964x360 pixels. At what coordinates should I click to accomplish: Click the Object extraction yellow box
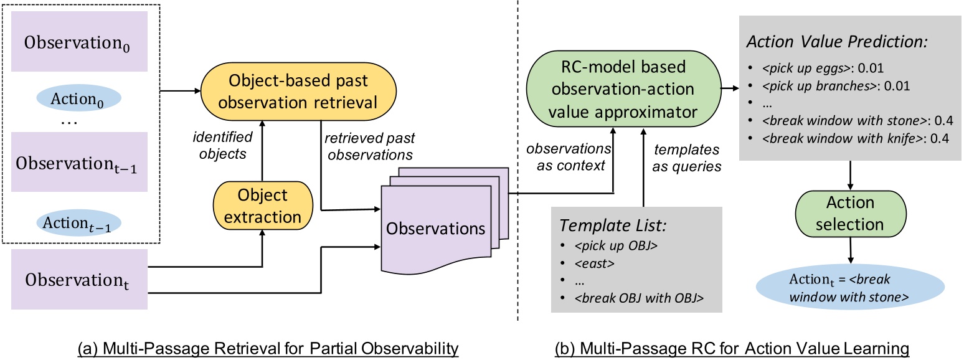point(262,206)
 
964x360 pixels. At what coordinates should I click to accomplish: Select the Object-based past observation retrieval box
point(297,92)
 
